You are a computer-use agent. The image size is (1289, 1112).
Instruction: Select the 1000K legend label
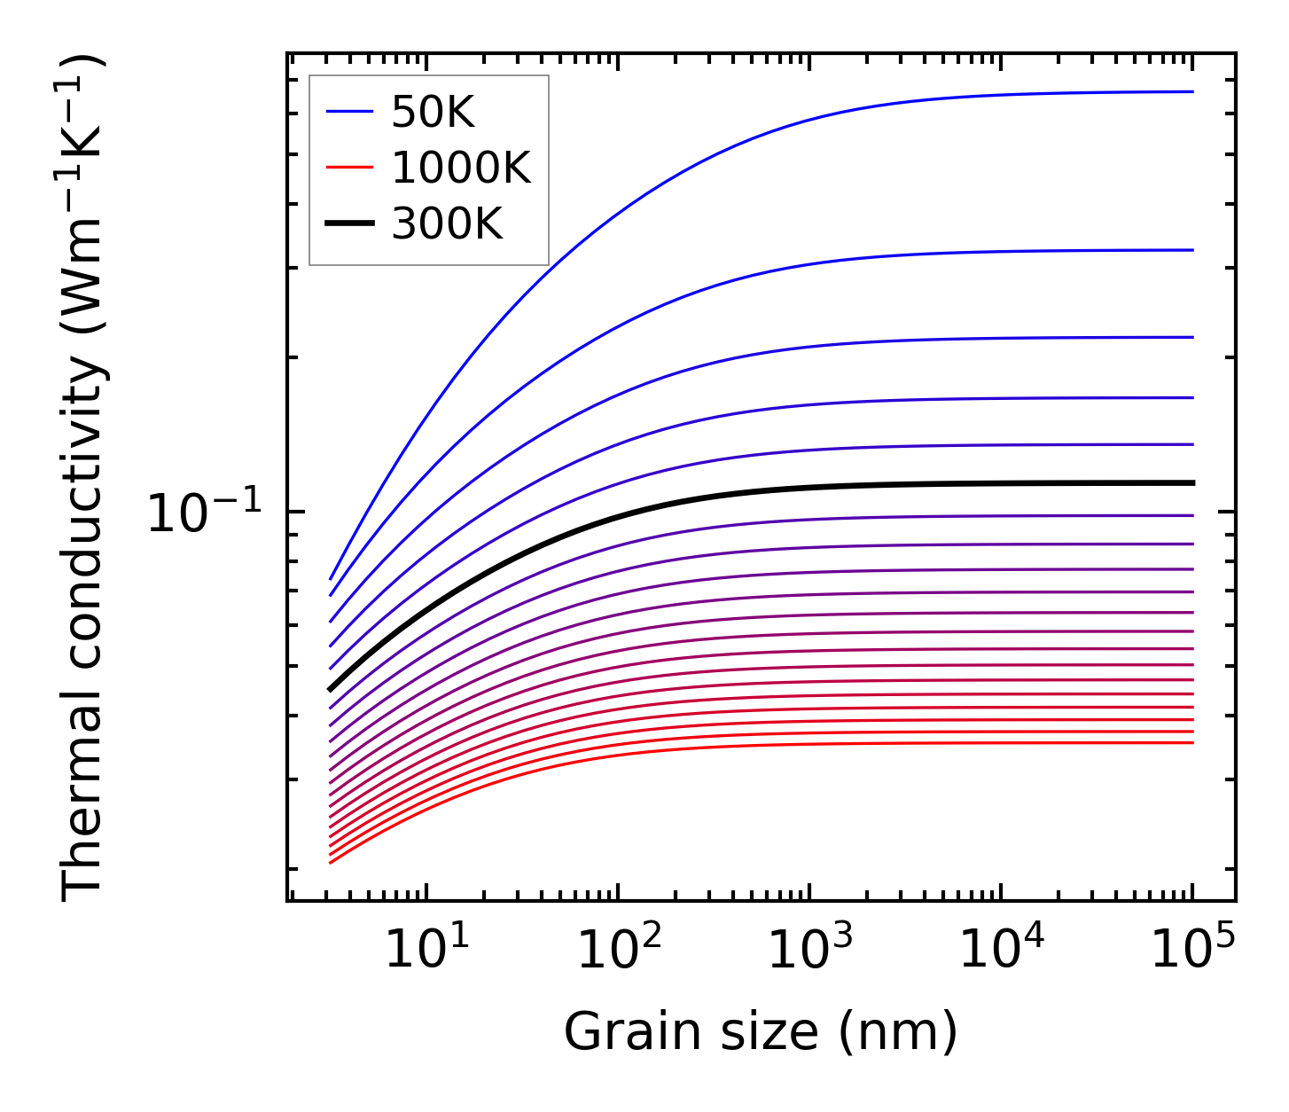pos(461,168)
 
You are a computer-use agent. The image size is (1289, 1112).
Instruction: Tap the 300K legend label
pos(447,224)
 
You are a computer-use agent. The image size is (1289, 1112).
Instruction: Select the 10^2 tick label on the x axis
pos(618,950)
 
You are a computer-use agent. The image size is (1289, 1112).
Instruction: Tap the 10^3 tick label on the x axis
pos(809,950)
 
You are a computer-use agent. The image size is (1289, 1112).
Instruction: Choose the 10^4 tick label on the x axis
pos(1001,950)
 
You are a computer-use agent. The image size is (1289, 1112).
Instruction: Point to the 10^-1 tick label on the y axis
pos(205,513)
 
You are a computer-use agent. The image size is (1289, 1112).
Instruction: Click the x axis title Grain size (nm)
pos(761,1033)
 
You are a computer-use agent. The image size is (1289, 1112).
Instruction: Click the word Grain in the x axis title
pos(614,1033)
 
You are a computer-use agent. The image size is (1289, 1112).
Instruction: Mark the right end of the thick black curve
pos(1193,482)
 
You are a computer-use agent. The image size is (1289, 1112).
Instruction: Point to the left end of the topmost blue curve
pos(331,579)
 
